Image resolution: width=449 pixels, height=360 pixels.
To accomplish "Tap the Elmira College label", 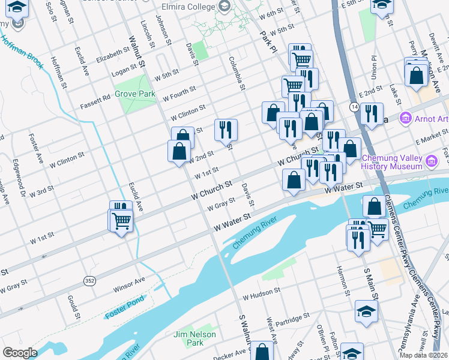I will tap(187, 7).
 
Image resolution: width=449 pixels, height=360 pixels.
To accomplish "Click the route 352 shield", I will tap(89, 280).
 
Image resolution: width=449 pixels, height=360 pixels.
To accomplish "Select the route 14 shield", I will tap(354, 106).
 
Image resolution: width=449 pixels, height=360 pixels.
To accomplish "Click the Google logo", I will tap(20, 352).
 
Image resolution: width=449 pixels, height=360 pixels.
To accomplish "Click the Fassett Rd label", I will tap(95, 104).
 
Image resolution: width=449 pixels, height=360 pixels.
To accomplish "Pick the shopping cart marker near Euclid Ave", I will tap(121, 221).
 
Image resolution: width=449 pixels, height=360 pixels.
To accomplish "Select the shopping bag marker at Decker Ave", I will tap(261, 352).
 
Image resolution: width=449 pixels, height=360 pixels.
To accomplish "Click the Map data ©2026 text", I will tap(421, 355).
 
